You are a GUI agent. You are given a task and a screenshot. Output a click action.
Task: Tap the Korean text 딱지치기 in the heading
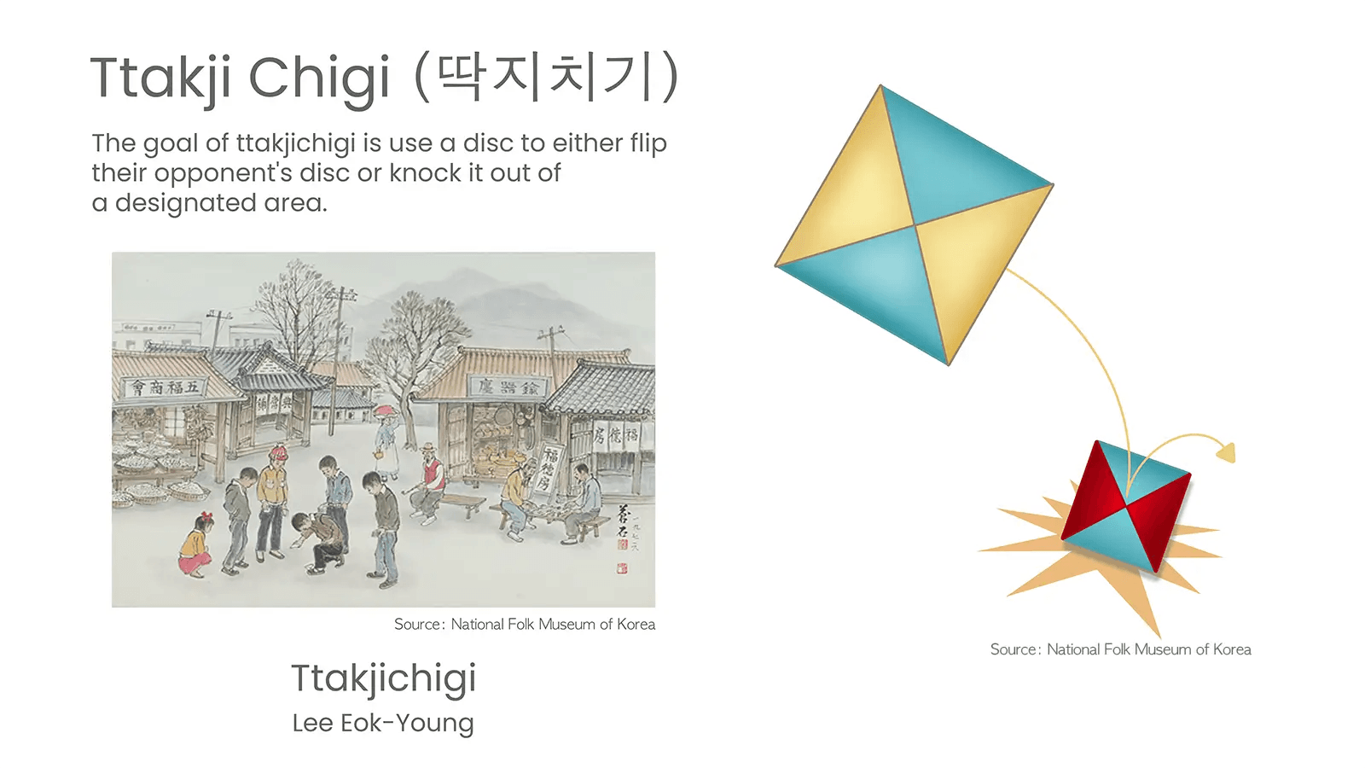546,77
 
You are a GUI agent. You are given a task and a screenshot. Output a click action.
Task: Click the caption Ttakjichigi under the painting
383,678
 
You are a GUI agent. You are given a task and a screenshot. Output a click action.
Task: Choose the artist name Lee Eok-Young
383,723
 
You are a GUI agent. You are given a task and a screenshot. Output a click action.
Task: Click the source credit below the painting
524,625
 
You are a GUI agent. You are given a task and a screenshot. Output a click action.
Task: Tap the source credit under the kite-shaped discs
1120,649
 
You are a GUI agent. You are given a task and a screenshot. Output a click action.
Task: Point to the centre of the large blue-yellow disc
915,225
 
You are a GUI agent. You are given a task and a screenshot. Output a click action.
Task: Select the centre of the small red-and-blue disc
1126,506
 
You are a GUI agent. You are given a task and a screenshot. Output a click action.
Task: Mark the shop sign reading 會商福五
164,388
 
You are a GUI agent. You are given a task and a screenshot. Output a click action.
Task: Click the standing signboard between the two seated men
548,470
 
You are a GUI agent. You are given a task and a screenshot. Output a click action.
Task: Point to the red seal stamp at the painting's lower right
623,567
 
